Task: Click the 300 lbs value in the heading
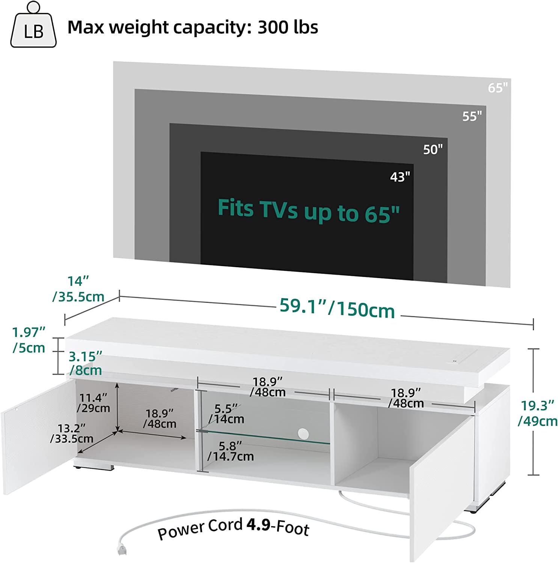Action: [288, 27]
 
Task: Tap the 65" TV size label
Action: [498, 87]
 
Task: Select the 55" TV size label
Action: [472, 116]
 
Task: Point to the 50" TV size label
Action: [433, 149]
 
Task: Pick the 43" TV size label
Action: [400, 176]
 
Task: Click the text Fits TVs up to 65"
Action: [309, 211]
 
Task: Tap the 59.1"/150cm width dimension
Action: [337, 309]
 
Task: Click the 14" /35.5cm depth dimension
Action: [78, 289]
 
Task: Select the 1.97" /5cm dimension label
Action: [29, 340]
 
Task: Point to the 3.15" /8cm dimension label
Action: [85, 363]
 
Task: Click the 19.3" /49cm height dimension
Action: [538, 413]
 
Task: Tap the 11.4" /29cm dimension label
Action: [94, 402]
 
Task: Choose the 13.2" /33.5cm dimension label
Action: [72, 433]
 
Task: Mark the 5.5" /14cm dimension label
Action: [226, 414]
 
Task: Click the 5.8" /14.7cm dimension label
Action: [231, 451]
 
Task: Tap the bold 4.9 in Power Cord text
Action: [258, 525]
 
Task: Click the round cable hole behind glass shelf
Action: [303, 434]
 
